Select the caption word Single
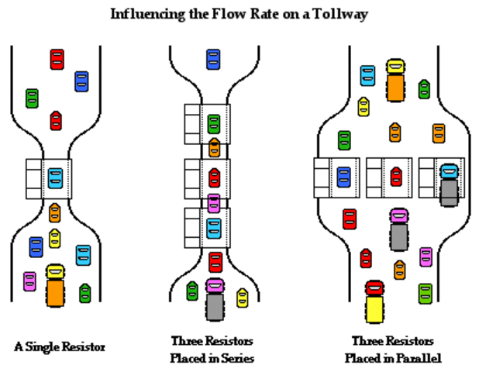coord(43,347)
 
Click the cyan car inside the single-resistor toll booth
coord(55,178)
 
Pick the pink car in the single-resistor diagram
coord(29,281)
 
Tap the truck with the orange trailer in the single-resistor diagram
coord(55,285)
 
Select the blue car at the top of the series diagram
coord(213,59)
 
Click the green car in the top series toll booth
coord(214,124)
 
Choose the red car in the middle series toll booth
coord(214,177)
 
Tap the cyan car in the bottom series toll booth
coord(214,229)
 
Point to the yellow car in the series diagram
coord(243,298)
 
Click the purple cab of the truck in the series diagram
coord(215,285)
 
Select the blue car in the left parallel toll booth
coord(343,177)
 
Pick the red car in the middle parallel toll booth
coord(396,177)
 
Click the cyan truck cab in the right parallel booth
coord(450,171)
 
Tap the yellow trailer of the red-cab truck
coord(374,309)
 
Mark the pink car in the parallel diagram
coord(426,257)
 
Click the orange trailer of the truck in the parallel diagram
coord(395,88)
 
